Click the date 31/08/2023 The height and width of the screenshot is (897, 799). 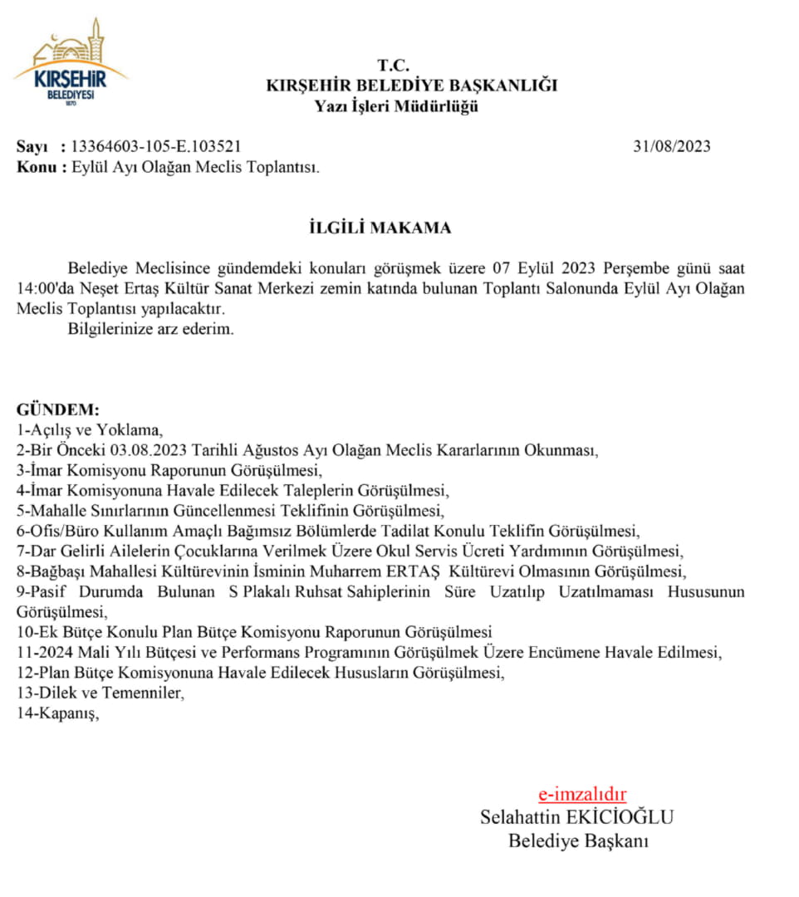tap(671, 146)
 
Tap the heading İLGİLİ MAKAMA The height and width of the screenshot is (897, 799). tap(375, 227)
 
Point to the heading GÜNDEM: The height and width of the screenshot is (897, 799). tap(58, 410)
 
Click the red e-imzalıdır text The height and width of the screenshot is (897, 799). tap(582, 793)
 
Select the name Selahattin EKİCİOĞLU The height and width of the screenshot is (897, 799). tap(576, 816)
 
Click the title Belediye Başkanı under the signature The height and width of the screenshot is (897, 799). tap(578, 841)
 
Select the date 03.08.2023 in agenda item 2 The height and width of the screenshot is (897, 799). tap(150, 450)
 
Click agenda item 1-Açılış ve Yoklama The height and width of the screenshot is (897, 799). tap(91, 430)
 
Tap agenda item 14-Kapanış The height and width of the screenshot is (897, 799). tap(57, 713)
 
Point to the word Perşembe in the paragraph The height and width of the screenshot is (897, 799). tap(639, 269)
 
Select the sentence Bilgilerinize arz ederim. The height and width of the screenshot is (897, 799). tap(151, 329)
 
